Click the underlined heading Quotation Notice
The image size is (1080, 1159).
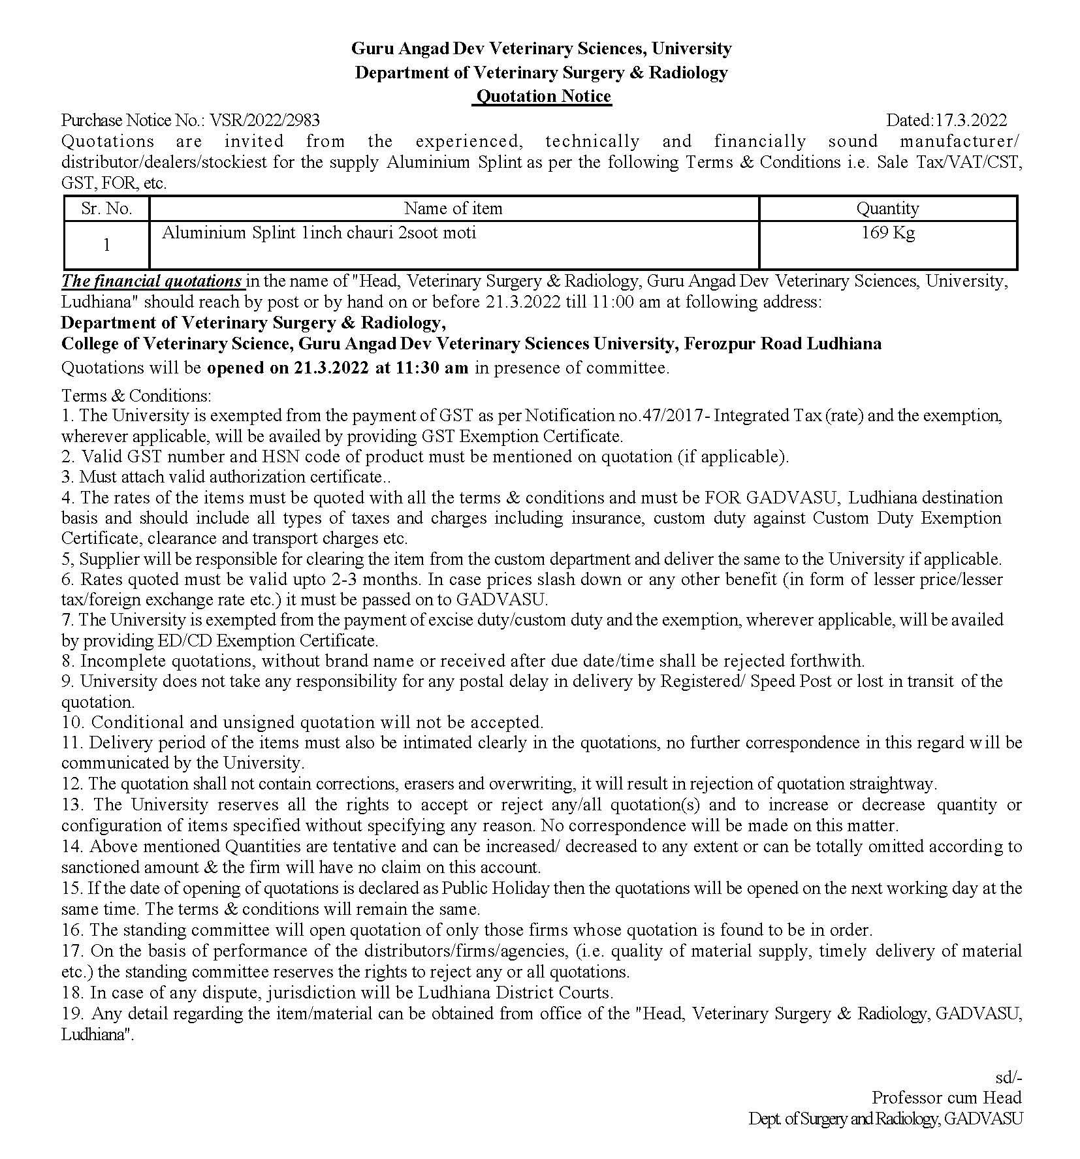click(x=543, y=97)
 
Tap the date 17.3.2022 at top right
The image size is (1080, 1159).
click(x=971, y=120)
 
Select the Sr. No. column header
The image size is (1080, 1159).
click(x=106, y=209)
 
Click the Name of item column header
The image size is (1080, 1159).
click(x=453, y=209)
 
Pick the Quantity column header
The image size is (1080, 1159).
click(x=887, y=209)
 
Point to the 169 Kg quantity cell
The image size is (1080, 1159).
click(x=887, y=233)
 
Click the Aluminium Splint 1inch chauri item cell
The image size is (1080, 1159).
click(x=319, y=233)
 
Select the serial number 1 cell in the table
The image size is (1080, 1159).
click(x=106, y=246)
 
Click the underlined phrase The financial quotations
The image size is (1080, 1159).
click(x=151, y=281)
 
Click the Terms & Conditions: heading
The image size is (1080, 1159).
click(x=136, y=396)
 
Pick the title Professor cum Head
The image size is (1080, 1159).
click(x=947, y=1098)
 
